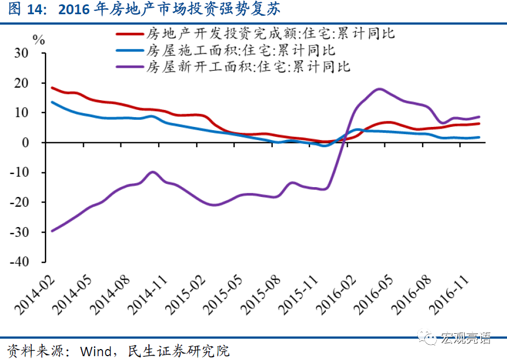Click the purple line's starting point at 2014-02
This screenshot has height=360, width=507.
[x=52, y=231]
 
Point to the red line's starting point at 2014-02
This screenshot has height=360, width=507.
[x=52, y=88]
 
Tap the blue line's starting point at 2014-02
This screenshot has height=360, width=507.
[x=52, y=102]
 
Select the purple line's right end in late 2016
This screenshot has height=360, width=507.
[x=480, y=117]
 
